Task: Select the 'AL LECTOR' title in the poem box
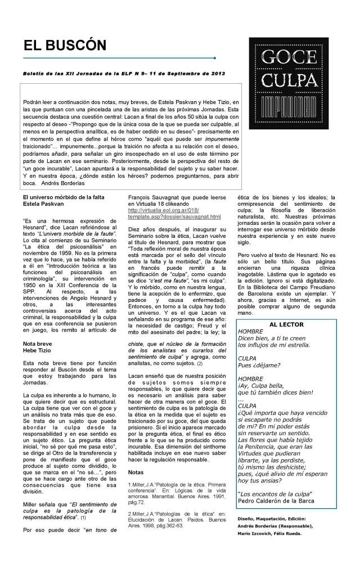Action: [286, 324]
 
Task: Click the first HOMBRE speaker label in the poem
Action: [250, 332]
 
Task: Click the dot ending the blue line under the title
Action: [215, 58]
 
